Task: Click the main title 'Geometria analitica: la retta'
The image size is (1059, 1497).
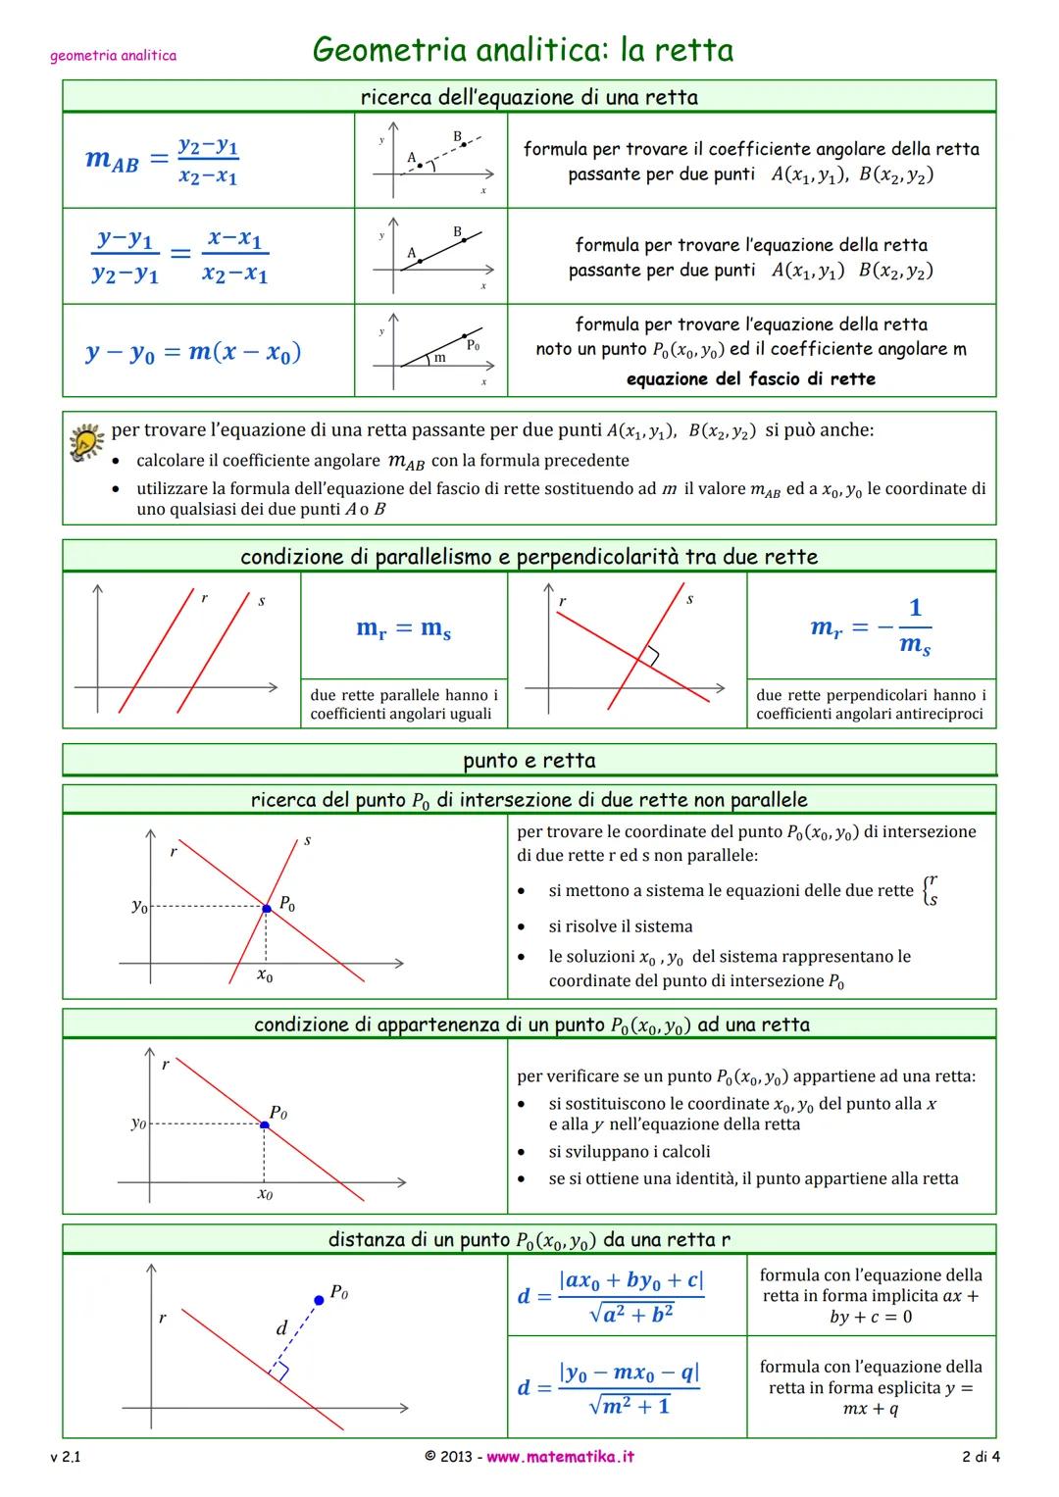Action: pyautogui.click(x=523, y=49)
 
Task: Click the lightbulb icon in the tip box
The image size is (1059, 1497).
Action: pyautogui.click(x=86, y=443)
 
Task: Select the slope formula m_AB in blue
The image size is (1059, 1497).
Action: pyautogui.click(x=162, y=161)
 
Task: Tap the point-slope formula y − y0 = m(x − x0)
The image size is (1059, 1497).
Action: pyautogui.click(x=193, y=352)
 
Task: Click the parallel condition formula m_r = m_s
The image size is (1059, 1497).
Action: pyautogui.click(x=403, y=628)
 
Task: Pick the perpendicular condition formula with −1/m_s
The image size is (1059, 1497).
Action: pyautogui.click(x=871, y=627)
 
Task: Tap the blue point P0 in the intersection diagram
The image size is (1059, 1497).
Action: pyautogui.click(x=266, y=909)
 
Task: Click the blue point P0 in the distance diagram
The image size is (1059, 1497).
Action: pyautogui.click(x=318, y=1300)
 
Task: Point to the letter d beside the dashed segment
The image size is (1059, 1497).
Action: pyautogui.click(x=281, y=1328)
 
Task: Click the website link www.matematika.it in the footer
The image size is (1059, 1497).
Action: pyautogui.click(x=560, y=1457)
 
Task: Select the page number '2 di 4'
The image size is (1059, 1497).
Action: pyautogui.click(x=981, y=1457)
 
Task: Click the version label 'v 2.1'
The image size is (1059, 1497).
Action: pyautogui.click(x=66, y=1457)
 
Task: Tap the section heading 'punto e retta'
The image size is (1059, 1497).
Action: pyautogui.click(x=529, y=761)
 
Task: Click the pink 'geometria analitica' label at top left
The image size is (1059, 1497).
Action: pyautogui.click(x=113, y=56)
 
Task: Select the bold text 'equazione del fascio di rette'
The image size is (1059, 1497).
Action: pyautogui.click(x=750, y=378)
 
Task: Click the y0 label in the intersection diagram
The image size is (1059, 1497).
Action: pyautogui.click(x=139, y=907)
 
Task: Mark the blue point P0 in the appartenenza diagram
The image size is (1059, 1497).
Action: pyautogui.click(x=265, y=1124)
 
